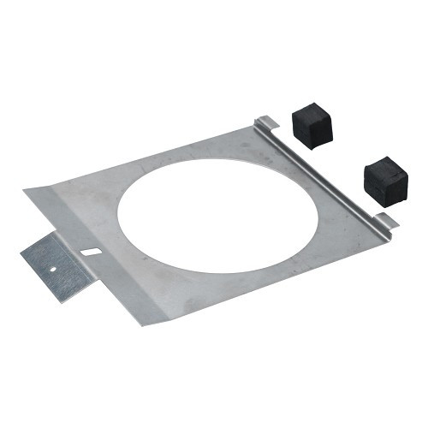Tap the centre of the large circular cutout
(x=217, y=216)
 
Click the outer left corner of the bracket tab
(x=21, y=249)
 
